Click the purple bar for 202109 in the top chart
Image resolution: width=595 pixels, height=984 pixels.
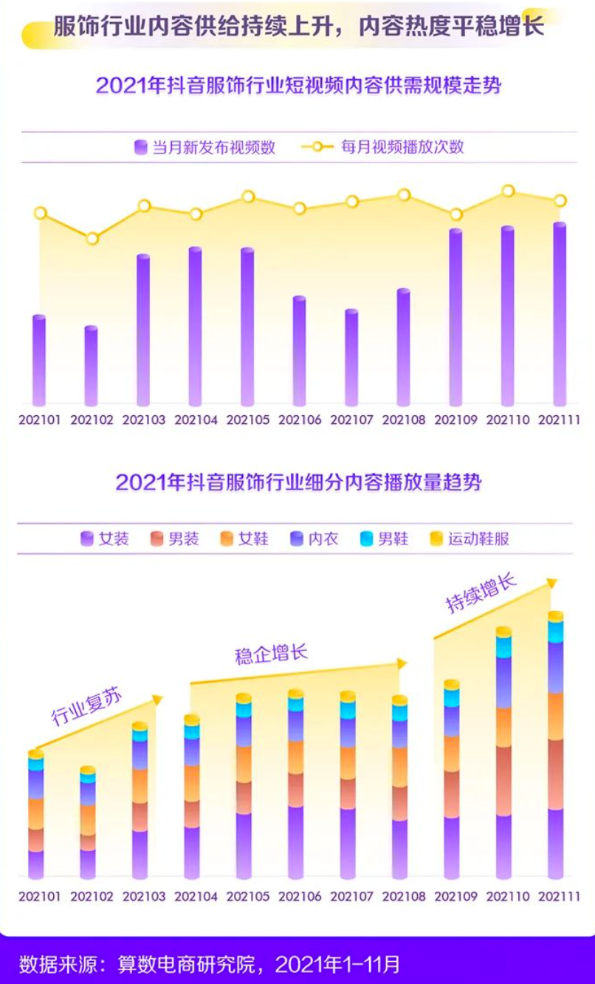pos(455,318)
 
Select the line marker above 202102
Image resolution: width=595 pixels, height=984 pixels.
pos(92,239)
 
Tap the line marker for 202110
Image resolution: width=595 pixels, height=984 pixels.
pos(508,191)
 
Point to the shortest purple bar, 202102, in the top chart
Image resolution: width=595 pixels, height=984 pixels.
pos(91,366)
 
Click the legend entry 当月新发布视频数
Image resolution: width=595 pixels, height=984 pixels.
pos(204,147)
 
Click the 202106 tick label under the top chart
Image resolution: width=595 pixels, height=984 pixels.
pos(300,420)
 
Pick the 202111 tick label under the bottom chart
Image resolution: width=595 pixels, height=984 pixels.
pos(560,897)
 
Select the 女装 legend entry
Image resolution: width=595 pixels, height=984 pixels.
pos(106,539)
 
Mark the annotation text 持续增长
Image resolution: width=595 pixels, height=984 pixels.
pos(480,592)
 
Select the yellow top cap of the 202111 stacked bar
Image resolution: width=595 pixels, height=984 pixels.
pos(555,616)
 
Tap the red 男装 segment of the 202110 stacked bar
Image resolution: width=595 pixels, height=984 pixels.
pos(503,780)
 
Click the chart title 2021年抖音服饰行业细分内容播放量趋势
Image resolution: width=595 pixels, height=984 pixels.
pos(297,483)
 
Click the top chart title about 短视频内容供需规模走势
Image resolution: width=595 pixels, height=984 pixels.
pos(297,86)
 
